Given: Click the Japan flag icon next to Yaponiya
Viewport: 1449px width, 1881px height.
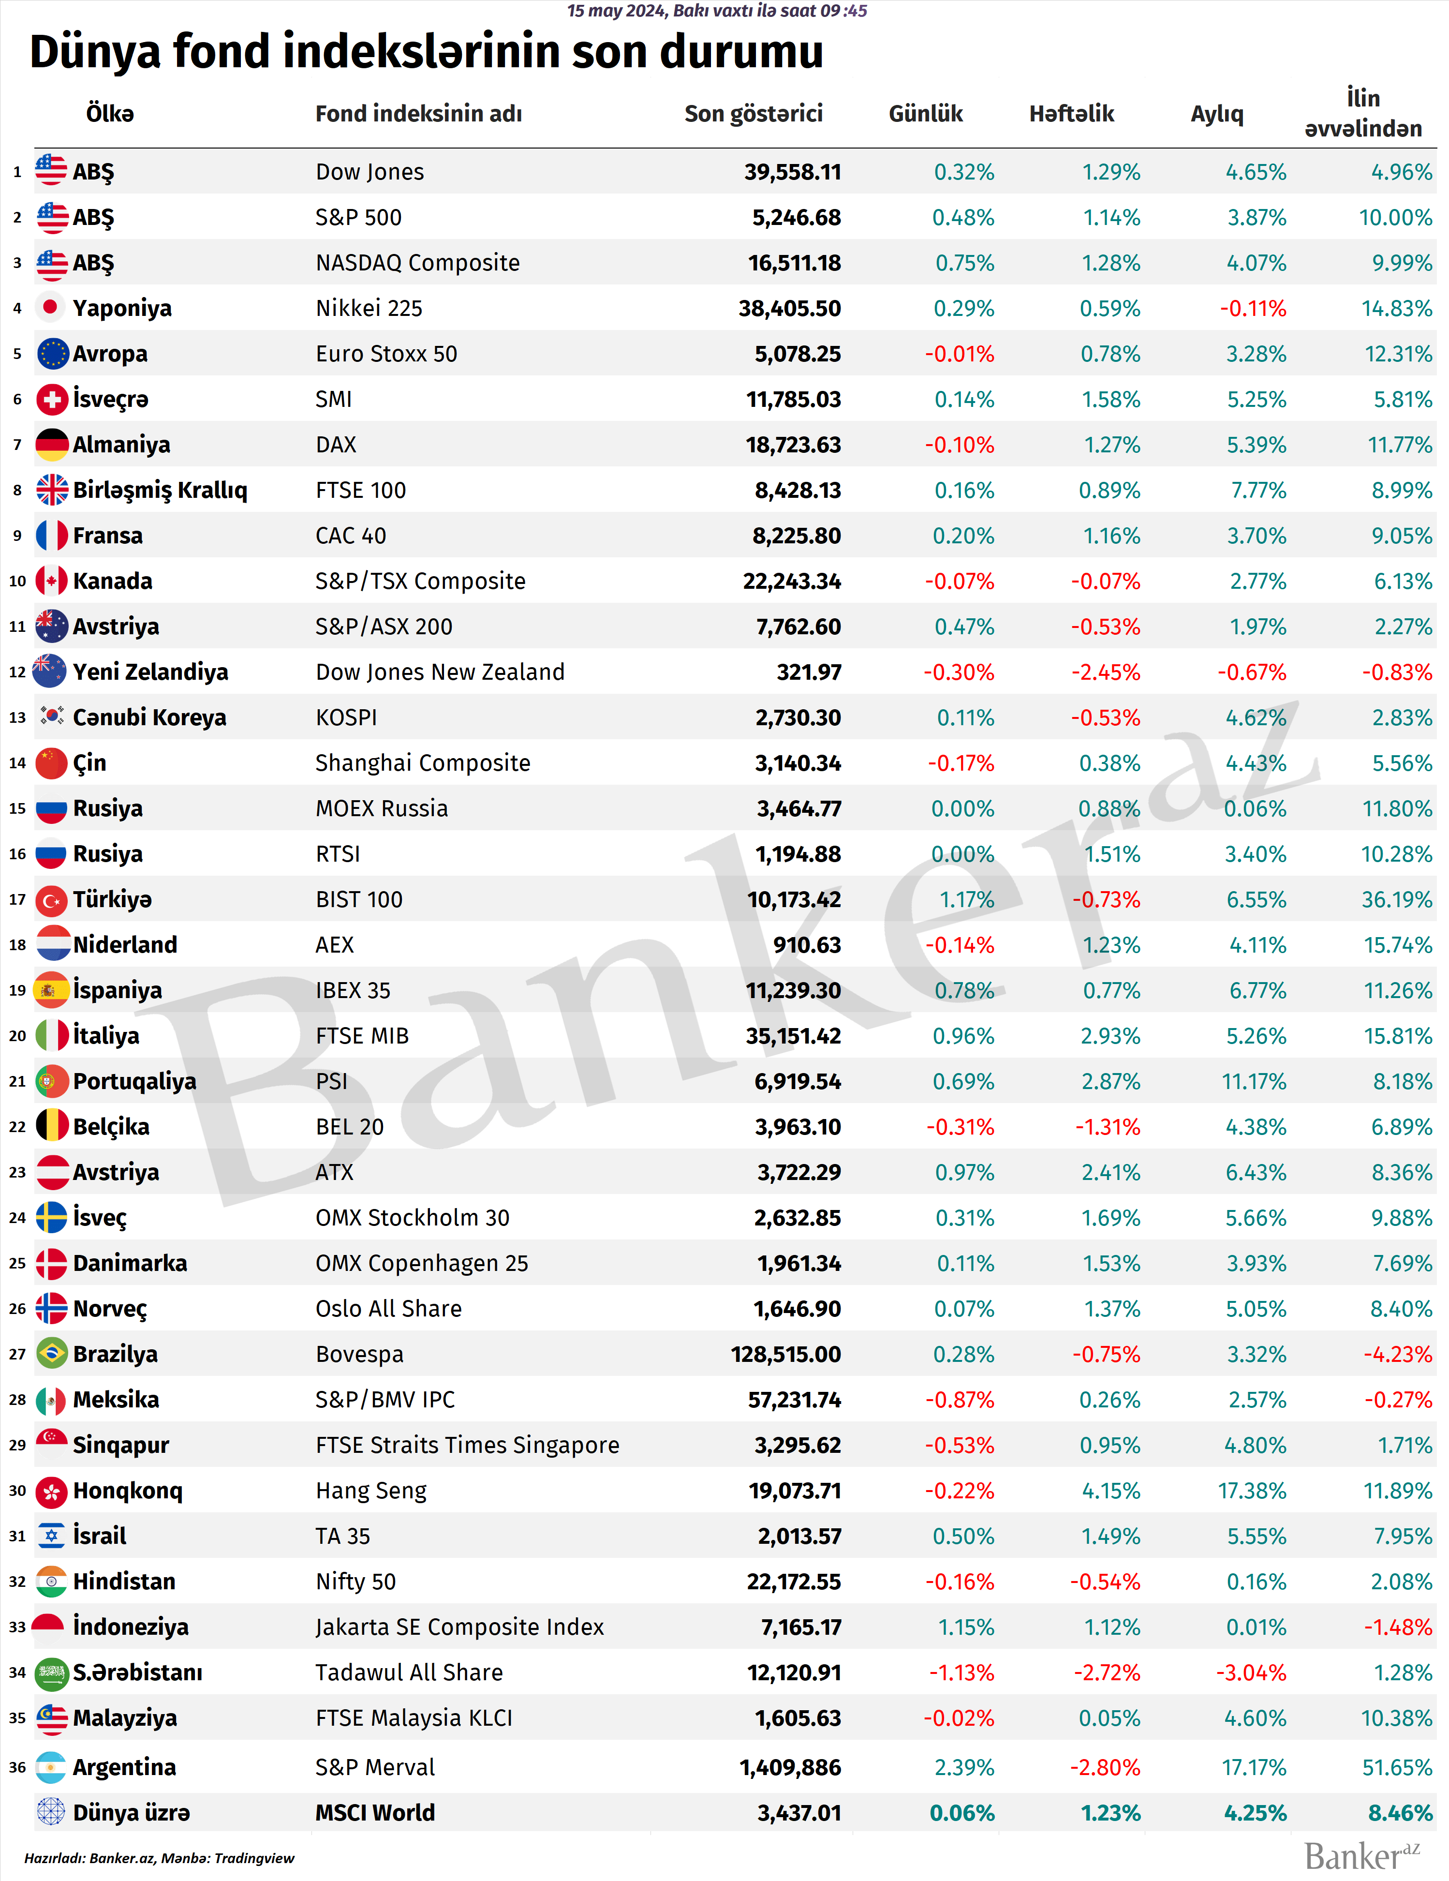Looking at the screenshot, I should pos(51,308).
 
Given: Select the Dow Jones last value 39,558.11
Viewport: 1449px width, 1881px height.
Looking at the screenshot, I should pos(792,172).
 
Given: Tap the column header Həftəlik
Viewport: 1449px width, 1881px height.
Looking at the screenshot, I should pos(1071,114).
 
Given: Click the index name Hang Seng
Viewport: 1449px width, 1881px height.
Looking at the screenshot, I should pos(371,1491).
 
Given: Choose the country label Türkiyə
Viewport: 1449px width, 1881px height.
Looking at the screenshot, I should pos(112,899).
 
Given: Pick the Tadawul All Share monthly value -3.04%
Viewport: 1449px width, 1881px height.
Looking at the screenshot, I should pos(1251,1672).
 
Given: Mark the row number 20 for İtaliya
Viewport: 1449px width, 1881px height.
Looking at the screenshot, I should pos(17,1036).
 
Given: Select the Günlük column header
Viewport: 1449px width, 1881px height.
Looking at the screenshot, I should pos(926,114).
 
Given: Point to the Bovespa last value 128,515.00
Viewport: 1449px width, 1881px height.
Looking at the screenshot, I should pos(785,1355).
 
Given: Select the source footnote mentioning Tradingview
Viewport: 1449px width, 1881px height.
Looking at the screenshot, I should pos(159,1858).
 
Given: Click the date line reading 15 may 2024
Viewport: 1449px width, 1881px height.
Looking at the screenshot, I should pos(716,10).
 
